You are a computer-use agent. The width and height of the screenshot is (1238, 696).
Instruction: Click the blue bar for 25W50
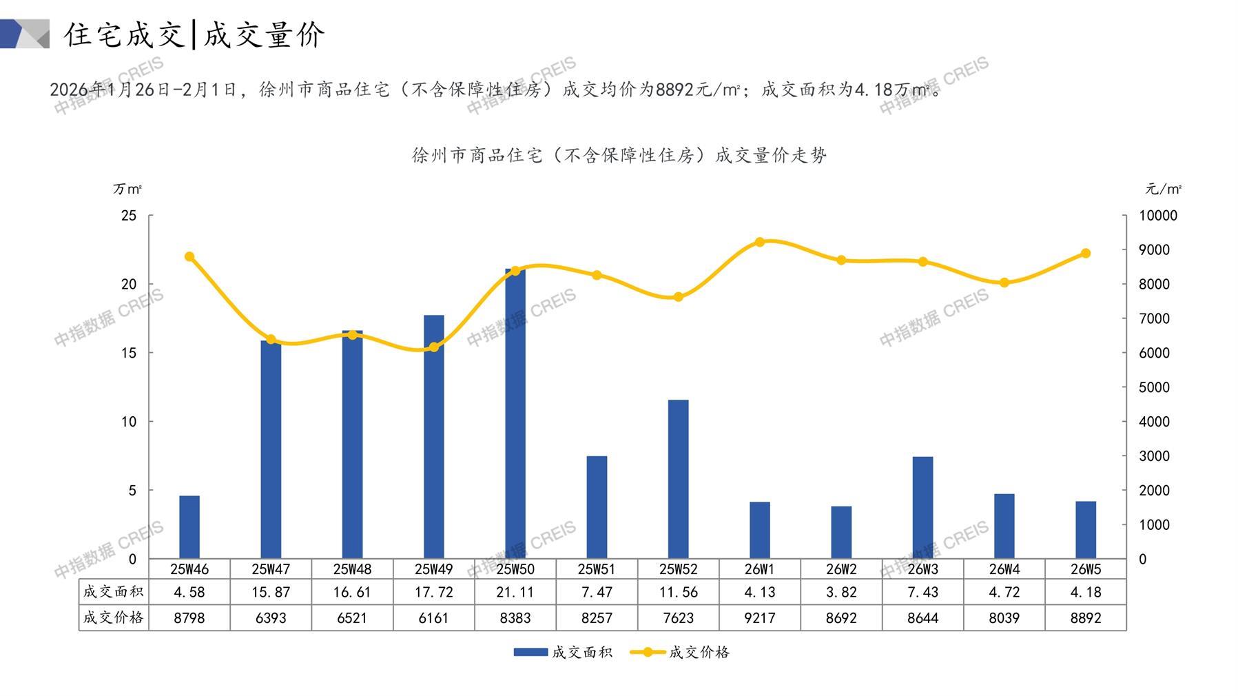pyautogui.click(x=515, y=413)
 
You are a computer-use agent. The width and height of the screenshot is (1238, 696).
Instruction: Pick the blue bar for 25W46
pyautogui.click(x=189, y=527)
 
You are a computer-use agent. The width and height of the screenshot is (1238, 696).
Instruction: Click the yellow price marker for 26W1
pyautogui.click(x=760, y=242)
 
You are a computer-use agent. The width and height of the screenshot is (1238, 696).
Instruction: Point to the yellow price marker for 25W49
pyautogui.click(x=433, y=347)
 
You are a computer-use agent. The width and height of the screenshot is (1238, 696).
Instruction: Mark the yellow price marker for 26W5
pyautogui.click(x=1086, y=253)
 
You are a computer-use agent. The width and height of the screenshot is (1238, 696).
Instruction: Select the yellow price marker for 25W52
pyautogui.click(x=678, y=297)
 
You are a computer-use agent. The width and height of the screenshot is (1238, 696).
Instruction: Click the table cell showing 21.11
pyautogui.click(x=515, y=592)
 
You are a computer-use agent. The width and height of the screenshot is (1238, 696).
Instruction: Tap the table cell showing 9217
pyautogui.click(x=760, y=618)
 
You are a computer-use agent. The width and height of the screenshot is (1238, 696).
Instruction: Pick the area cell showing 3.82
pyautogui.click(x=841, y=592)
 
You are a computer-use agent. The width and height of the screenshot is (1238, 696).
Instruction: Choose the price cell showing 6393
pyautogui.click(x=271, y=618)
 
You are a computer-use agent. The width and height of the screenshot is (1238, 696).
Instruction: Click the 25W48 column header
pyautogui.click(x=352, y=569)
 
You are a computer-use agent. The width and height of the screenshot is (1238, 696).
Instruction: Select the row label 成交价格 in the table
pyautogui.click(x=113, y=617)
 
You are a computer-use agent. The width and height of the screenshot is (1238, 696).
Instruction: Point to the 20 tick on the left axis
pyautogui.click(x=129, y=284)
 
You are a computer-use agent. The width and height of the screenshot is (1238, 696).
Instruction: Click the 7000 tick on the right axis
pyautogui.click(x=1154, y=318)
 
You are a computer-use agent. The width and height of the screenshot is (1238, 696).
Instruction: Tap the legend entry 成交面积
pyautogui.click(x=564, y=652)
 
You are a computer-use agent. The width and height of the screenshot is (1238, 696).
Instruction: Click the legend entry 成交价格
pyautogui.click(x=681, y=652)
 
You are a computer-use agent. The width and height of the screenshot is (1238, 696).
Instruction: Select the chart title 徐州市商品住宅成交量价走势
pyautogui.click(x=619, y=156)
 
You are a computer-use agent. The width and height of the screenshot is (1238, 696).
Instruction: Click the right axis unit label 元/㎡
pyautogui.click(x=1164, y=189)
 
